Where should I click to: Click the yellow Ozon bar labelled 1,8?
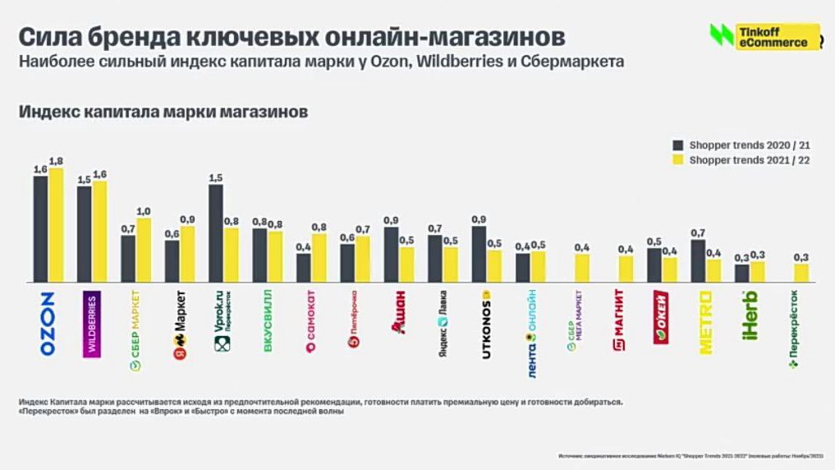[56, 226]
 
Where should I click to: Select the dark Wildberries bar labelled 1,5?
[84, 235]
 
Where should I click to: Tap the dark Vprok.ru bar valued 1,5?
[215, 234]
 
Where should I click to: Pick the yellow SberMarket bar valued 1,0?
[144, 251]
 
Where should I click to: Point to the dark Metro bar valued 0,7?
[698, 262]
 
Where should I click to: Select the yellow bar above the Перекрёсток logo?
[801, 274]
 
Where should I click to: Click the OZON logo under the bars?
[48, 323]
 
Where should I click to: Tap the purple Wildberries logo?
[92, 324]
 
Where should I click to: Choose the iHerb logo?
[750, 316]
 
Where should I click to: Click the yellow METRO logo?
[706, 322]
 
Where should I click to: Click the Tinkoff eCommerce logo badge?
[764, 36]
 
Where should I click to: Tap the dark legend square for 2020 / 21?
[678, 145]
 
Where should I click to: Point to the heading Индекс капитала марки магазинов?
[163, 113]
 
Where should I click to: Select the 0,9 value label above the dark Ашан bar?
[391, 220]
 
